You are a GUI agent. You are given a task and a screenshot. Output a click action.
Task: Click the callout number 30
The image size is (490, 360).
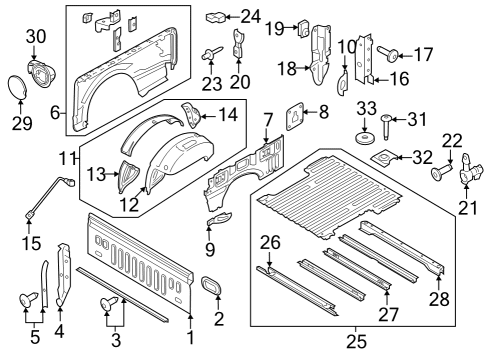[35, 37]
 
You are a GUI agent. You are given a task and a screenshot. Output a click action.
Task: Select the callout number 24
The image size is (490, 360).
[250, 16]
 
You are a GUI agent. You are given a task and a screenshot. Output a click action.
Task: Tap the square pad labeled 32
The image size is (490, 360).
[381, 157]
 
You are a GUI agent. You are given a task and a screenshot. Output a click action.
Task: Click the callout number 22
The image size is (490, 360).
[453, 141]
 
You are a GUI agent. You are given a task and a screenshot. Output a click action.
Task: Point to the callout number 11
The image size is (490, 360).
[67, 159]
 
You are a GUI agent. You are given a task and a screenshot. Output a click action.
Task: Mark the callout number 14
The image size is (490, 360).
[229, 114]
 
